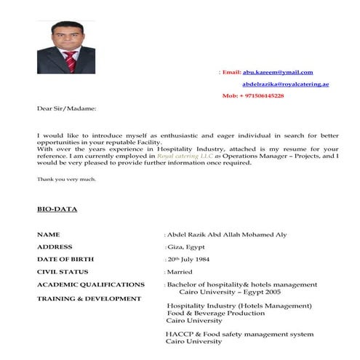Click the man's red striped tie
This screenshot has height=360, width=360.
coord(71,61)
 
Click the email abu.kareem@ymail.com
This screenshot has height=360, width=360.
coord(278,72)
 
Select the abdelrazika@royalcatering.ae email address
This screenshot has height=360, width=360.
coord(286,84)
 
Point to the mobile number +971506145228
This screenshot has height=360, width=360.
coord(252,96)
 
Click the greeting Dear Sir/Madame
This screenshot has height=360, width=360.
coord(66,108)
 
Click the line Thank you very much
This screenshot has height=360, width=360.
coord(66,178)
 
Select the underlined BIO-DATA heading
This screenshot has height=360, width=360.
coord(57,209)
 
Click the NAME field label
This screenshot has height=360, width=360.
coord(49,235)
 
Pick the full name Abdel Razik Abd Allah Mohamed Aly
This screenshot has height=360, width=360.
coord(227,235)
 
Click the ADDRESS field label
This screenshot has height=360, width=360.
coord(55,247)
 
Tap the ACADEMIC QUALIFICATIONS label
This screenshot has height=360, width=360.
coord(91,284)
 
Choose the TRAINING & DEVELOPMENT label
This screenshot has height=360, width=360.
coord(89,298)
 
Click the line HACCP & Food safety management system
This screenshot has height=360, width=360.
coord(239,334)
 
